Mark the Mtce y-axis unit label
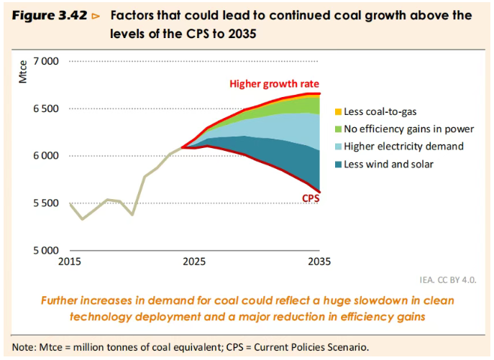click(x=22, y=75)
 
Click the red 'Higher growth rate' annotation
click(x=274, y=83)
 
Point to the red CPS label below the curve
click(x=309, y=198)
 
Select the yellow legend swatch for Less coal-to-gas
click(x=337, y=112)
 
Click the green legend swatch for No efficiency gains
click(x=337, y=129)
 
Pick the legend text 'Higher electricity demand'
click(x=403, y=147)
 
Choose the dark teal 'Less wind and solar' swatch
click(x=337, y=165)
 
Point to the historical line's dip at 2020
click(x=132, y=214)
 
